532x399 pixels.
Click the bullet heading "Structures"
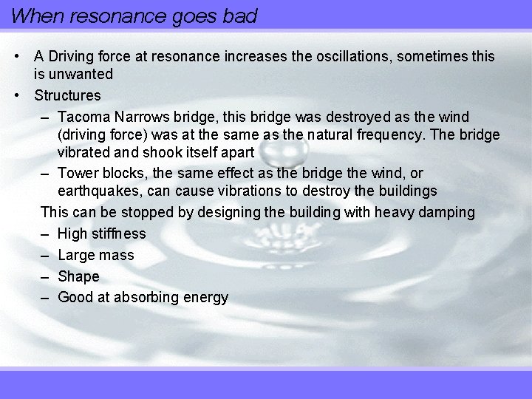[x=67, y=95]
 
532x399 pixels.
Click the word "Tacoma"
[x=82, y=117]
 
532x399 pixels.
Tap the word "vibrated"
[x=83, y=153]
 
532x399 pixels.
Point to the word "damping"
[x=446, y=212]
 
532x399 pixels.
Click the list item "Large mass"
[x=95, y=255]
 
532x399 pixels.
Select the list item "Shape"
[x=78, y=276]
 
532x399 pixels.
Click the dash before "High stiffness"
[x=45, y=233]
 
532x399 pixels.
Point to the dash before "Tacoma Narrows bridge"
[x=45, y=117]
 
